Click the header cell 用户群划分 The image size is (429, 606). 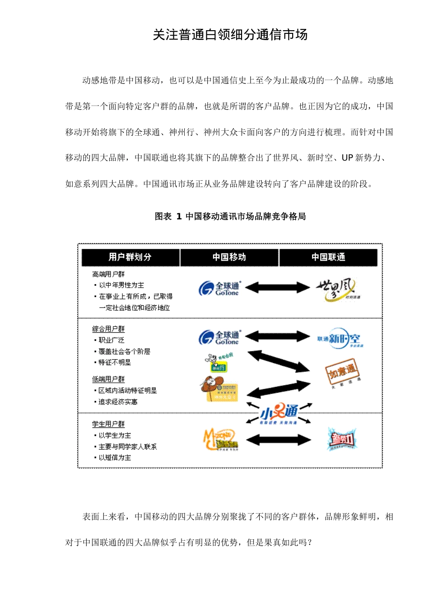click(x=130, y=257)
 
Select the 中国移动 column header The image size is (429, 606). click(x=229, y=257)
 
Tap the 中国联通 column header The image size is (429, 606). click(x=328, y=257)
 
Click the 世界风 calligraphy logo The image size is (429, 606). click(x=336, y=289)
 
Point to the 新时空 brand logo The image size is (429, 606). click(x=340, y=339)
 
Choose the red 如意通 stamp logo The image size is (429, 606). click(x=342, y=372)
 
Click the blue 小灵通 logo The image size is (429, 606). click(x=279, y=413)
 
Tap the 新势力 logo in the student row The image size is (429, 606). click(x=342, y=439)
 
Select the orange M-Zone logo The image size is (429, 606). click(x=220, y=439)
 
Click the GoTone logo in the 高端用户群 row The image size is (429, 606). click(x=220, y=288)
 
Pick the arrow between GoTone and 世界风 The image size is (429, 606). click(x=277, y=287)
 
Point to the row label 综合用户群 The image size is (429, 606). click(x=108, y=329)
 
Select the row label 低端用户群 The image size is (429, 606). click(x=108, y=379)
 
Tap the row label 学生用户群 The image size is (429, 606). click(x=108, y=424)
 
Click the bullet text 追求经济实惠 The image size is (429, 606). click(x=118, y=402)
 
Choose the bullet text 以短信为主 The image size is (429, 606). click(x=115, y=458)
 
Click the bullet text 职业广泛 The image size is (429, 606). click(x=112, y=340)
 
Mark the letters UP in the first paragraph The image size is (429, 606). click(x=347, y=158)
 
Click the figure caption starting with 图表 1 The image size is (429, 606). click(x=230, y=216)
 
